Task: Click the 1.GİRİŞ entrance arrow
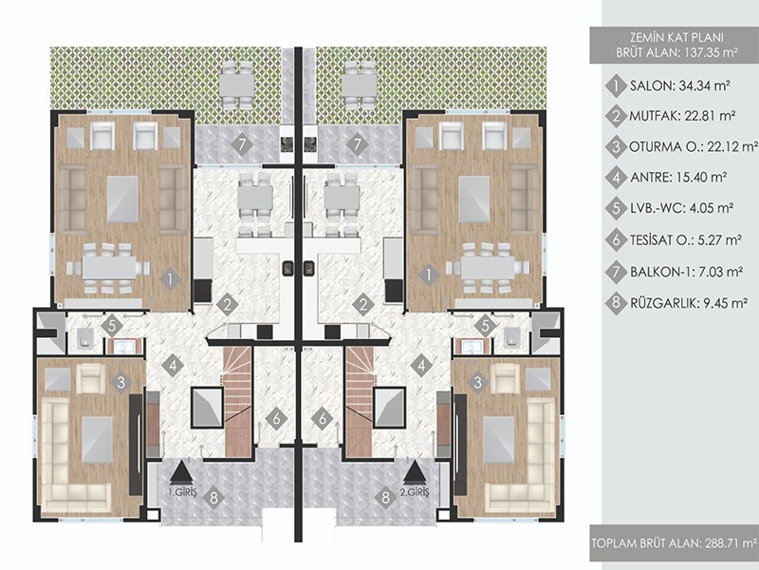(181, 472)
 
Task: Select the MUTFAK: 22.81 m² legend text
(682, 116)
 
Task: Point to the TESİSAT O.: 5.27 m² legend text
(686, 240)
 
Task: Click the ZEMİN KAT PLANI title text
(676, 37)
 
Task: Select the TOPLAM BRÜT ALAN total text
(675, 542)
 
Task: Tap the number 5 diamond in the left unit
(112, 326)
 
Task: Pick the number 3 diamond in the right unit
(478, 383)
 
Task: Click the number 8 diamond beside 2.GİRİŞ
(385, 497)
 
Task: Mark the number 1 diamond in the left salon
(170, 278)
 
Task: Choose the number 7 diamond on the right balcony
(358, 144)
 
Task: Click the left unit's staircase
(238, 402)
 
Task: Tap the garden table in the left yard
(236, 85)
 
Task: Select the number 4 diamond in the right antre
(421, 365)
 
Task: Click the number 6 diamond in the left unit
(277, 419)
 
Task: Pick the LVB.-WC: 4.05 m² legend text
(680, 208)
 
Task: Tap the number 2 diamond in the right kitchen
(363, 305)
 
